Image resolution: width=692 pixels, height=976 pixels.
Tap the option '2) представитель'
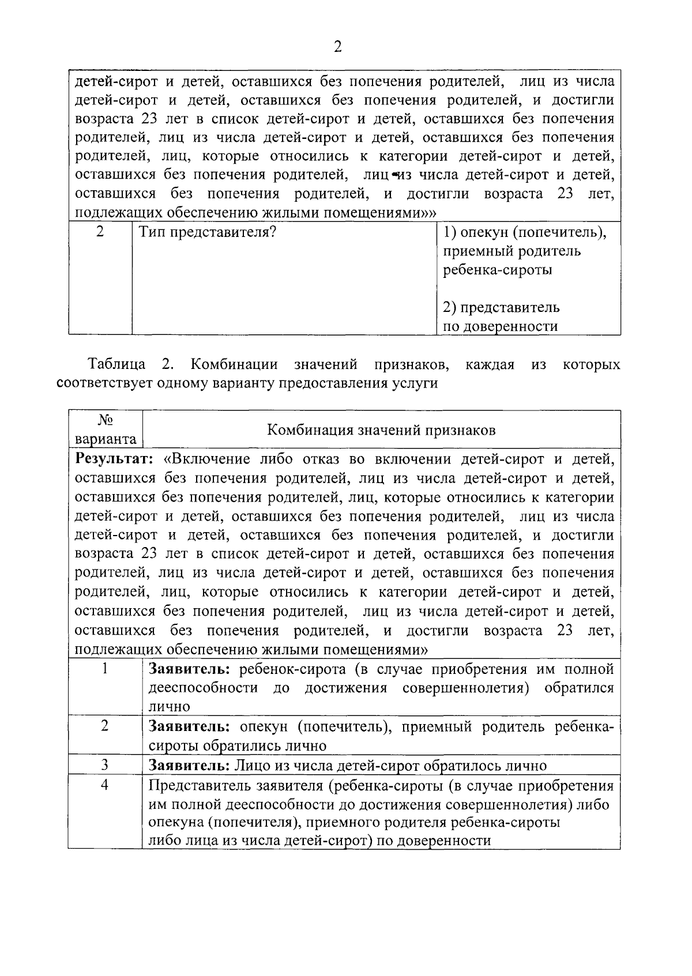tap(501, 307)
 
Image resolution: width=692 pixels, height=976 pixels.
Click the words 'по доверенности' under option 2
tap(500, 327)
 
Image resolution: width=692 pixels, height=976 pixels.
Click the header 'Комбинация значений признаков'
tap(381, 430)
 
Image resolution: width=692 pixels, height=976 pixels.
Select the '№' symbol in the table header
tap(105, 420)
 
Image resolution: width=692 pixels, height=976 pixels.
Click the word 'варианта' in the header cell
tap(106, 439)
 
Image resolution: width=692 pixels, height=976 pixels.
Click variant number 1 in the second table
tap(105, 669)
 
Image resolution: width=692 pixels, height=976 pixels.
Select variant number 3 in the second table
tap(105, 765)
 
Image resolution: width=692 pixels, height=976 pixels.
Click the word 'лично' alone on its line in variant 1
tap(169, 706)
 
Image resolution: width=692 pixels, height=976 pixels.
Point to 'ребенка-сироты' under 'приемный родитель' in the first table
tap(497, 270)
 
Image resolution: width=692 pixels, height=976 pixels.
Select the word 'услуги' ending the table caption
tap(416, 384)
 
